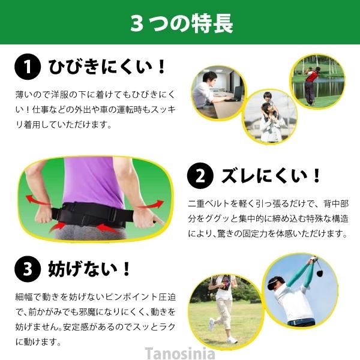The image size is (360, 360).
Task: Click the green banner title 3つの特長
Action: tap(182, 23)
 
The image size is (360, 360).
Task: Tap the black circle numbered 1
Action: tap(28, 67)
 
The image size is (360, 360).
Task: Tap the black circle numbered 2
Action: tap(200, 176)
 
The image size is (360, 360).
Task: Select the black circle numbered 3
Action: tap(28, 269)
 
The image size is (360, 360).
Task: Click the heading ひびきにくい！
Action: tap(107, 67)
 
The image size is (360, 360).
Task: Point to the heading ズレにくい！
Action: tap(271, 176)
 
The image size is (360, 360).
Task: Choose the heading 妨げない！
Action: tap(89, 269)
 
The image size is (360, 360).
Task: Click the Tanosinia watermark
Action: tap(180, 353)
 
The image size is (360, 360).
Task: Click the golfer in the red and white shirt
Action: tap(310, 85)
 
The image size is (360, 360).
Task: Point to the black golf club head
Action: tap(320, 273)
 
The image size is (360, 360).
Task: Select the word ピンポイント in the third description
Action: tap(131, 297)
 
